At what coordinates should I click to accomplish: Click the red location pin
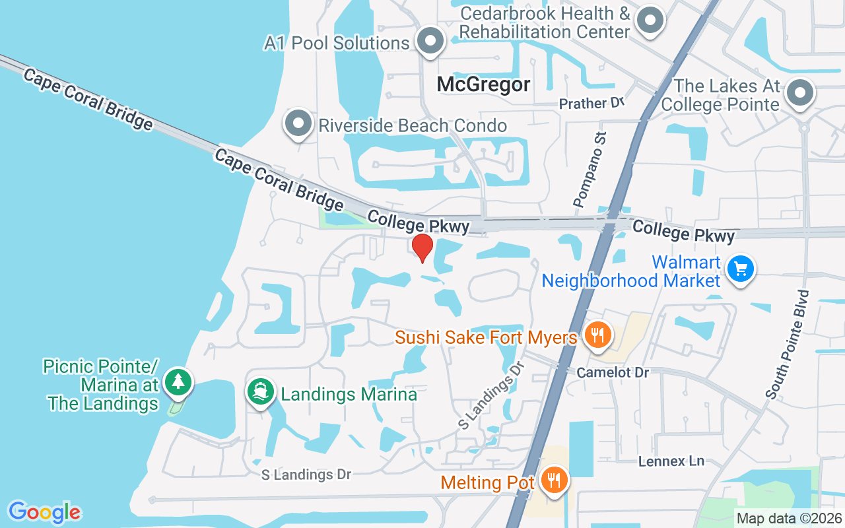click(422, 247)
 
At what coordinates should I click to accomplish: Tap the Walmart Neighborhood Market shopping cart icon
click(741, 269)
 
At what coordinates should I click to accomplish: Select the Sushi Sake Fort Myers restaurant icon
click(597, 335)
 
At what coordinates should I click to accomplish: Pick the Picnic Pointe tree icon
click(178, 383)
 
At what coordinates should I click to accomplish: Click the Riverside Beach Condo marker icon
click(298, 124)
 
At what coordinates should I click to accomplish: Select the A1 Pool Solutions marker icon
click(431, 42)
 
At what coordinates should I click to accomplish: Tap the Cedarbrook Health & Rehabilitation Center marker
click(650, 21)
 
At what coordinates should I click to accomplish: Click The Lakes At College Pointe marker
click(801, 94)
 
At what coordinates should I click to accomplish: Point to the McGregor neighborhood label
click(484, 84)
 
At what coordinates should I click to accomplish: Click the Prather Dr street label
click(591, 104)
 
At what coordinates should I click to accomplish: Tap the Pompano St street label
click(590, 170)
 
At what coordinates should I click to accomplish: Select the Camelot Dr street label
click(613, 372)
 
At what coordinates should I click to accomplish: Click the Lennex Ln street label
click(671, 461)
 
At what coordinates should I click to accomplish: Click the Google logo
click(44, 512)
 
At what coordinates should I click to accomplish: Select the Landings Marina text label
click(349, 395)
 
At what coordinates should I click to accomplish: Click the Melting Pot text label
click(487, 482)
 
